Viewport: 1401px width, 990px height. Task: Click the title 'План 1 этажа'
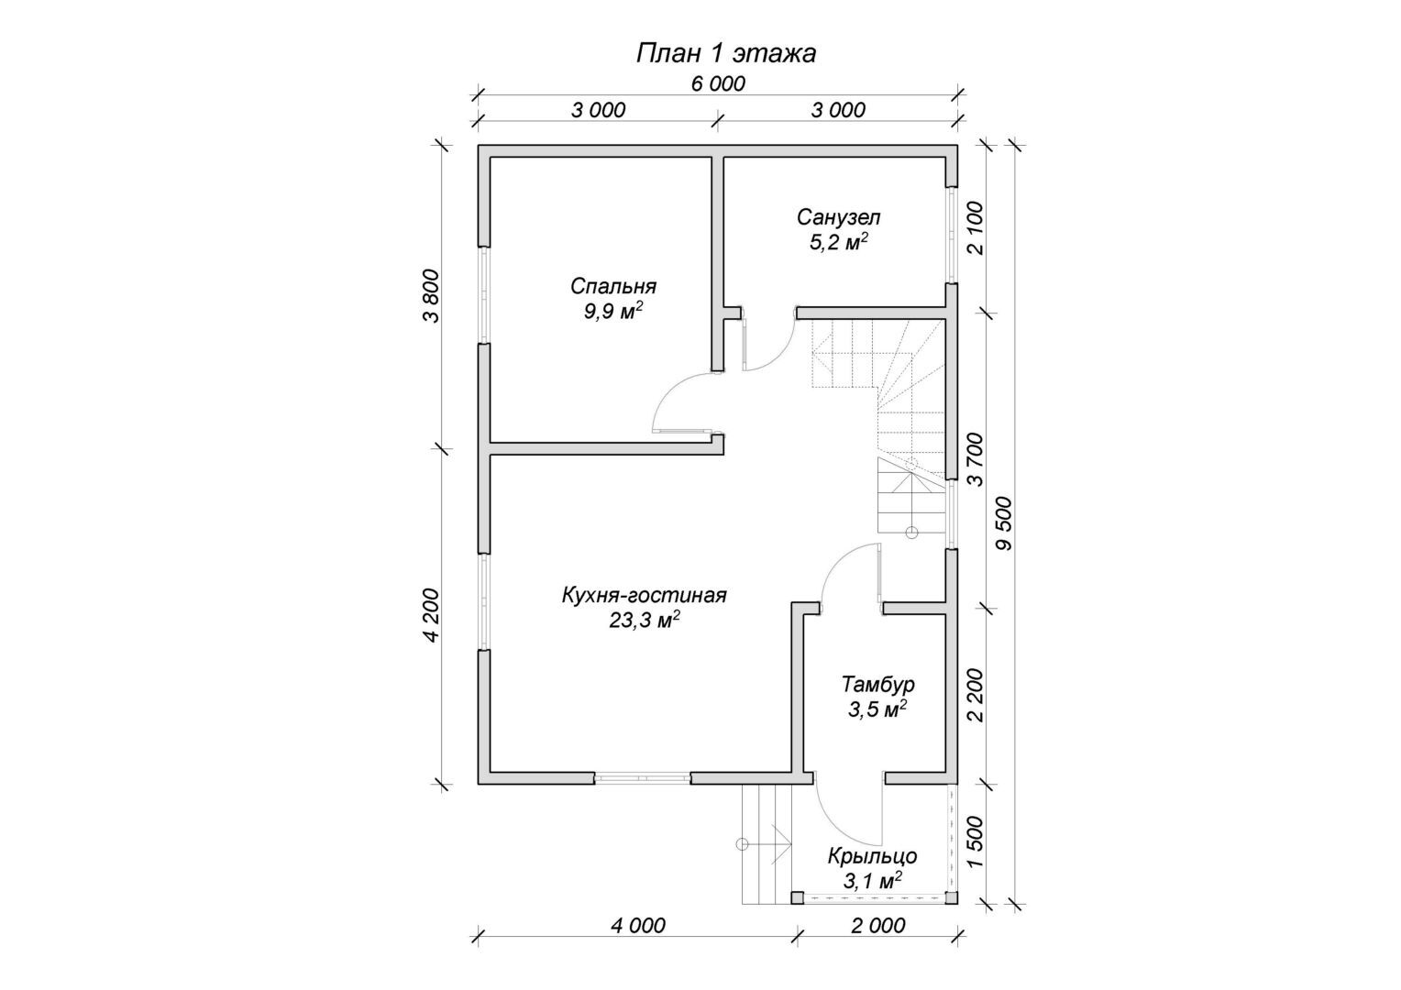(725, 54)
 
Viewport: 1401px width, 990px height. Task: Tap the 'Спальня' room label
(612, 286)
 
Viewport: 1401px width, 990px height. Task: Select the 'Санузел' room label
(838, 217)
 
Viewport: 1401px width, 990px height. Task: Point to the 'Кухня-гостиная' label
(644, 596)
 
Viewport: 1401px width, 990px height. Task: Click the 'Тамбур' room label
(877, 684)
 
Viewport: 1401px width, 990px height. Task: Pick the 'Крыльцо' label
(872, 857)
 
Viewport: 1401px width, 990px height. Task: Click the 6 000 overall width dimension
(718, 83)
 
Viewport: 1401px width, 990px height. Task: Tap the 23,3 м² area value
(644, 621)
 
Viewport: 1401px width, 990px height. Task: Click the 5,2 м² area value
(838, 242)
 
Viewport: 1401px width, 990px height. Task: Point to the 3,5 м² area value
(877, 709)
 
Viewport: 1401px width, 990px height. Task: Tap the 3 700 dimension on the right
(976, 458)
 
